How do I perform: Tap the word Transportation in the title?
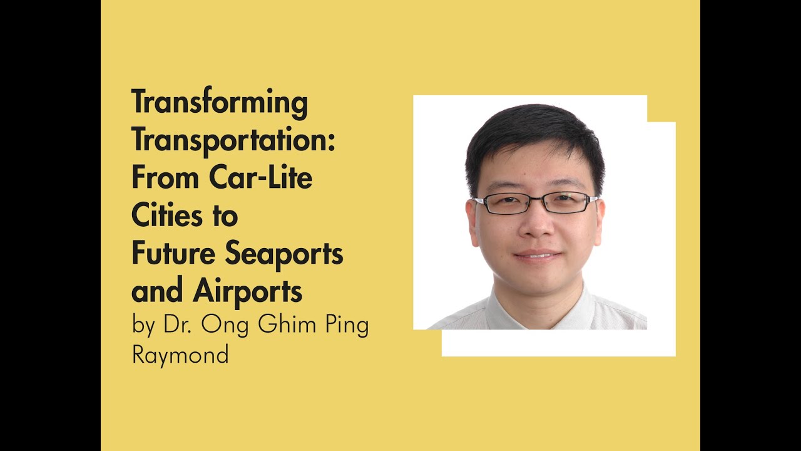[229, 141]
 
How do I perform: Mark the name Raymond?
[180, 356]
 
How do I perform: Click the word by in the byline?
[143, 327]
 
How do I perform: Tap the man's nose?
[534, 225]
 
